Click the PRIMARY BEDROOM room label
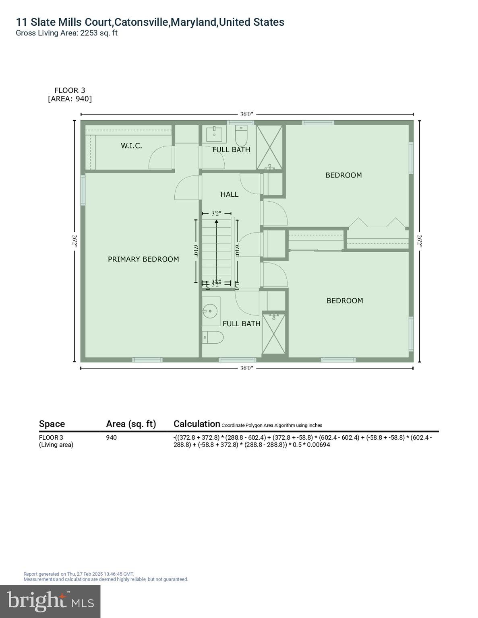click(x=143, y=260)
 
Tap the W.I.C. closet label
click(x=131, y=146)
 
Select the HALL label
click(x=230, y=194)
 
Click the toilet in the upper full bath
click(x=241, y=136)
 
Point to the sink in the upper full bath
click(x=214, y=135)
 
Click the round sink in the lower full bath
click(x=210, y=311)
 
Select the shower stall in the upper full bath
click(x=269, y=147)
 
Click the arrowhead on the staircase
click(x=217, y=221)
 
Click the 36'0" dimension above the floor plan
click(x=246, y=114)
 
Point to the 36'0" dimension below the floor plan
click(x=246, y=368)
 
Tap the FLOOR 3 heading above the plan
click(x=70, y=91)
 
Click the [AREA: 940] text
click(x=70, y=99)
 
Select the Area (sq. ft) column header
click(x=131, y=424)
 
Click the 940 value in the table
click(x=112, y=438)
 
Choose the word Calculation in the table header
click(x=197, y=424)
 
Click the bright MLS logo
click(x=50, y=601)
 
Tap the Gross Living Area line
click(x=66, y=33)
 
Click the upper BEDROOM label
click(x=343, y=175)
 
